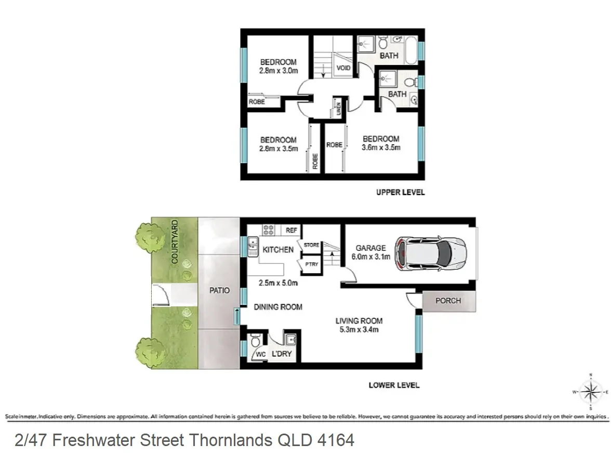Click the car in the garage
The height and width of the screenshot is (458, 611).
point(430,254)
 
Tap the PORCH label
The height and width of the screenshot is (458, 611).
point(448,301)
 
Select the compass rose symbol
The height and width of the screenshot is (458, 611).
point(590,392)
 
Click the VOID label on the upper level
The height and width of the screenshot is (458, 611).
point(343,68)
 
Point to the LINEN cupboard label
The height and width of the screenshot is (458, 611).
point(338,109)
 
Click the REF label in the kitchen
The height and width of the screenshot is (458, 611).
point(291,230)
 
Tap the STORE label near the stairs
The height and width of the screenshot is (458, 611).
point(311,245)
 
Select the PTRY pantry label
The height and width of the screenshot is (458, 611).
point(312,264)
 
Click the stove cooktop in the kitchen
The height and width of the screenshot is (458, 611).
point(269,230)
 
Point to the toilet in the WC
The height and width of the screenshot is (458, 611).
point(255,342)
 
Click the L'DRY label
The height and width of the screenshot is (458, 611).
point(282,355)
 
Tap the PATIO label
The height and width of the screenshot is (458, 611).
point(219,290)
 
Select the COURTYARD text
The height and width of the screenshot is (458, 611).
point(175,241)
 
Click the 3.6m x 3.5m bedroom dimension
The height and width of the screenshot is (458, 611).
point(381,147)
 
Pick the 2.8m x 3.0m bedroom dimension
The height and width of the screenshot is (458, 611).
point(278,71)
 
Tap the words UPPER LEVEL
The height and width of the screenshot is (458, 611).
point(400,193)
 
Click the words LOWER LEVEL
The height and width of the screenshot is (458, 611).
point(394,385)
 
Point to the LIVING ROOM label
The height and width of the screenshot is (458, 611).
point(358,320)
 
